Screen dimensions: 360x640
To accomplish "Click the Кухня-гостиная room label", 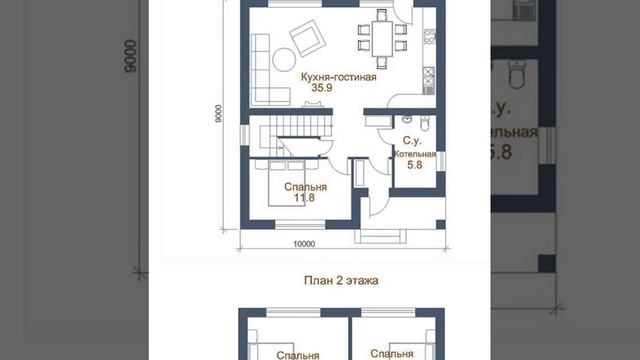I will click(338, 77).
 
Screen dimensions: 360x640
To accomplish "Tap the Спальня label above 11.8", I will click(304, 186).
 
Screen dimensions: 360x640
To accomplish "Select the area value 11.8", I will click(304, 198).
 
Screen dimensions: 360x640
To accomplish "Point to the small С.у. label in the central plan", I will click(410, 142).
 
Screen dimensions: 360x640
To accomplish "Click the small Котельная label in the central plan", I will click(413, 155).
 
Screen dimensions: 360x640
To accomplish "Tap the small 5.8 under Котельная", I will click(412, 167).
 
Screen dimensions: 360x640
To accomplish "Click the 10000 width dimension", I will click(304, 243).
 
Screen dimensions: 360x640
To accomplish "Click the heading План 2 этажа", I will click(340, 281).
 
